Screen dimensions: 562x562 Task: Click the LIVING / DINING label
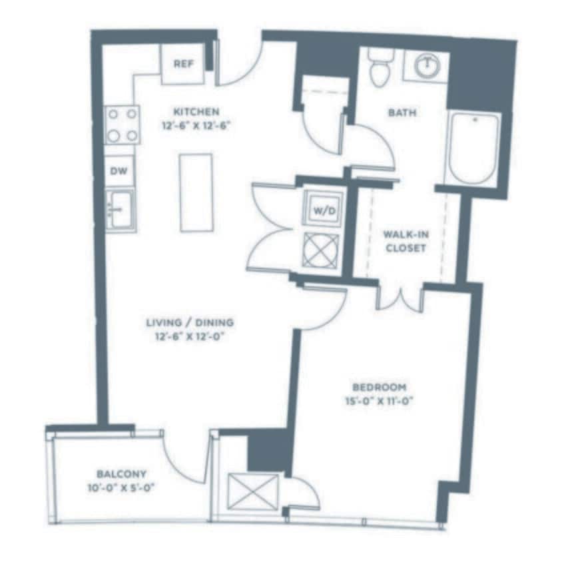[190, 323]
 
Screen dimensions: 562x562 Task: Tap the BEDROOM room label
[379, 387]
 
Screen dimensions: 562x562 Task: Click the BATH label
[402, 113]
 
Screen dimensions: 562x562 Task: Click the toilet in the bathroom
[381, 67]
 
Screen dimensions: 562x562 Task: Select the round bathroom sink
[425, 65]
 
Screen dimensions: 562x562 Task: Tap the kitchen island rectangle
[196, 192]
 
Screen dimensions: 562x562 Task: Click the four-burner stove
[123, 125]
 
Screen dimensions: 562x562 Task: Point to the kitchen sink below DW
[121, 210]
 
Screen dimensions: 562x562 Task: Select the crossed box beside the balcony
[252, 492]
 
